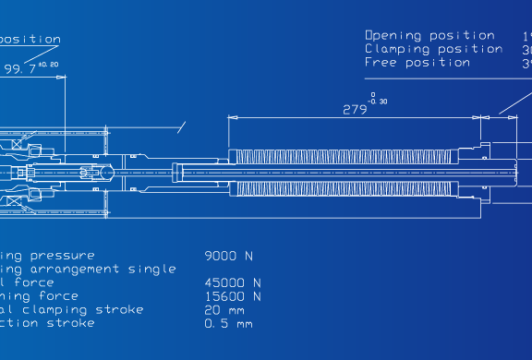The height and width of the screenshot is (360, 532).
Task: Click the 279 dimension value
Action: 355,107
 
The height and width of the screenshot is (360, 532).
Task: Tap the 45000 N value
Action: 232,282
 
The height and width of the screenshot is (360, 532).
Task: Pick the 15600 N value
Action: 232,296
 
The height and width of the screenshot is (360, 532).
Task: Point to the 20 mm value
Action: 224,310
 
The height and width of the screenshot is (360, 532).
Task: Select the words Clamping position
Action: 433,48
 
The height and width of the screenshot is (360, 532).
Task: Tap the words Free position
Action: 417,62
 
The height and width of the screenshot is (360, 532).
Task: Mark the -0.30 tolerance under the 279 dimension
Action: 377,101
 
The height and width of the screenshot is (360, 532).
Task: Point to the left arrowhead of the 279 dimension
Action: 232,117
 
